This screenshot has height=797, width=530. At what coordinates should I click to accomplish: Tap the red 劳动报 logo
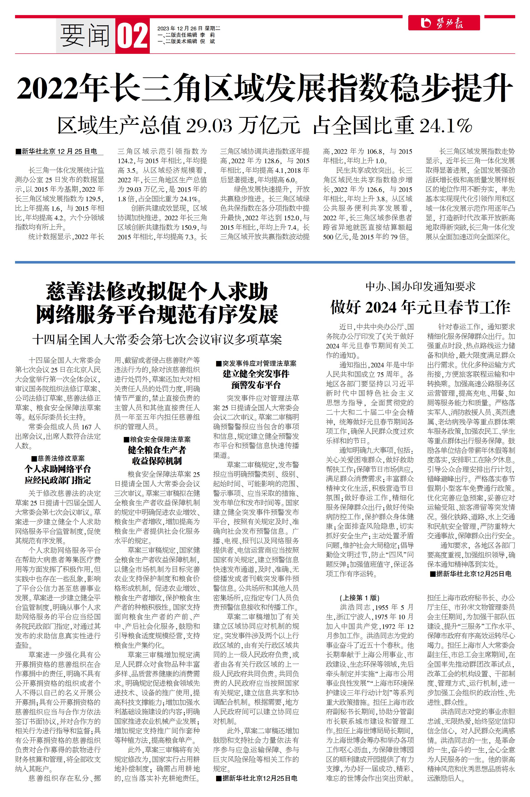(443, 23)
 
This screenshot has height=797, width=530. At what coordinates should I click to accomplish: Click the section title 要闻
(85, 36)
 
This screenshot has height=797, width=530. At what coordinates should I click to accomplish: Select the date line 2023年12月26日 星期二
(189, 29)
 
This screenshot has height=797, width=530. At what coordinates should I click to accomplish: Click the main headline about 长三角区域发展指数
(265, 88)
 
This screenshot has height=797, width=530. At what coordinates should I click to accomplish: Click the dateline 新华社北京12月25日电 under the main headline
(59, 152)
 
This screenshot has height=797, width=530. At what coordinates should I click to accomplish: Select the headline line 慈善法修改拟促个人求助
(157, 292)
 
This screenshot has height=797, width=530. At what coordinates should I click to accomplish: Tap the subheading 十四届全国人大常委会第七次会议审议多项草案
(157, 339)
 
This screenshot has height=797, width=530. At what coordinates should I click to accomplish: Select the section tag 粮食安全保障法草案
(157, 439)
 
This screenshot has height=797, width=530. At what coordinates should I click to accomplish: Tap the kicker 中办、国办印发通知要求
(420, 287)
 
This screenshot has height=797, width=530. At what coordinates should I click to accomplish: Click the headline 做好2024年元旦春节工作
(420, 307)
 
